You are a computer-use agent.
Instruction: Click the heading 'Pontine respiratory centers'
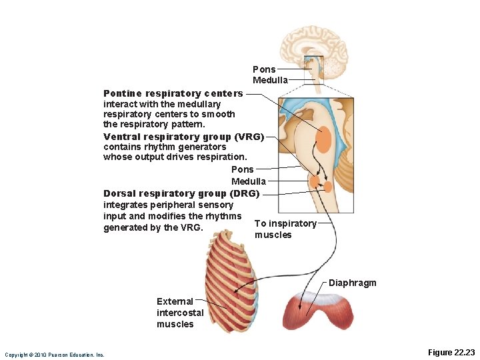point(173,93)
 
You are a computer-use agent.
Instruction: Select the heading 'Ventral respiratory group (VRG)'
point(184,136)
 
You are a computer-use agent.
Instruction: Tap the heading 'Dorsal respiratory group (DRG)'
point(181,193)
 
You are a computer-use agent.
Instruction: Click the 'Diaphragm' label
point(353,283)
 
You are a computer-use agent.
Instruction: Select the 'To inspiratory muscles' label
point(285,229)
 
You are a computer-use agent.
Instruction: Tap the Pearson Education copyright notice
point(54,355)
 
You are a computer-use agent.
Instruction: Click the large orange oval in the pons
point(323,139)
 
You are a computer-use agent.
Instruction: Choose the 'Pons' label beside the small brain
point(264,69)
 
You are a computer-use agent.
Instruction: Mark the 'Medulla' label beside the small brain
point(270,80)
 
